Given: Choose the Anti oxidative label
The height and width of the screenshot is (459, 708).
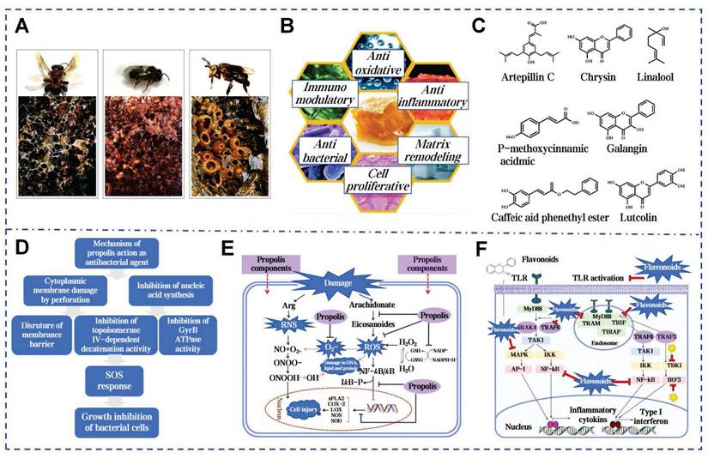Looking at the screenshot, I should [x=378, y=61].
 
